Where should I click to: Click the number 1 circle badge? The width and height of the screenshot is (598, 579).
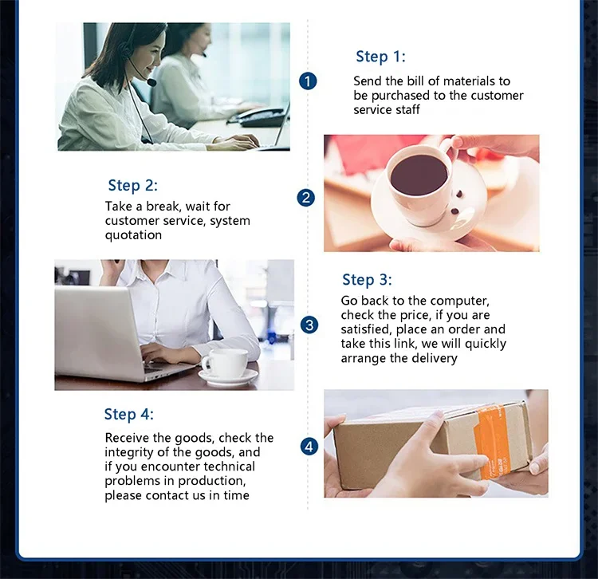coord(308,81)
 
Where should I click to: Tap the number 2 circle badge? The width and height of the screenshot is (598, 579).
coord(306,198)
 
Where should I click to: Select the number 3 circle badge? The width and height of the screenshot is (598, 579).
coord(309,325)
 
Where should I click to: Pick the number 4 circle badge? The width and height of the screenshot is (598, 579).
coord(309,447)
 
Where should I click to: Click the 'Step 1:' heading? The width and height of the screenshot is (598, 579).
coord(380,57)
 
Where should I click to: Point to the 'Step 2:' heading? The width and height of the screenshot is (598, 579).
coord(132,186)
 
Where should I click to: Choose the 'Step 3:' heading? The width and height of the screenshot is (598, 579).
coord(367,280)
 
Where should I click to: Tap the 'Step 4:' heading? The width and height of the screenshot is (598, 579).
coord(129,414)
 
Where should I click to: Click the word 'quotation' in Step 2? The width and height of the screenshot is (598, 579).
coord(133,235)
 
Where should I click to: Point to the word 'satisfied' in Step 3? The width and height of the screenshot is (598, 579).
coord(365,329)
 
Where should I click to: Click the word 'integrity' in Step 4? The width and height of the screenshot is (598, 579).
coord(129,453)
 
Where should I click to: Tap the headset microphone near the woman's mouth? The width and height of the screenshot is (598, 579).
coord(151,81)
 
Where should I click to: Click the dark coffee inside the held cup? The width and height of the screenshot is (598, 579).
coord(419,175)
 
